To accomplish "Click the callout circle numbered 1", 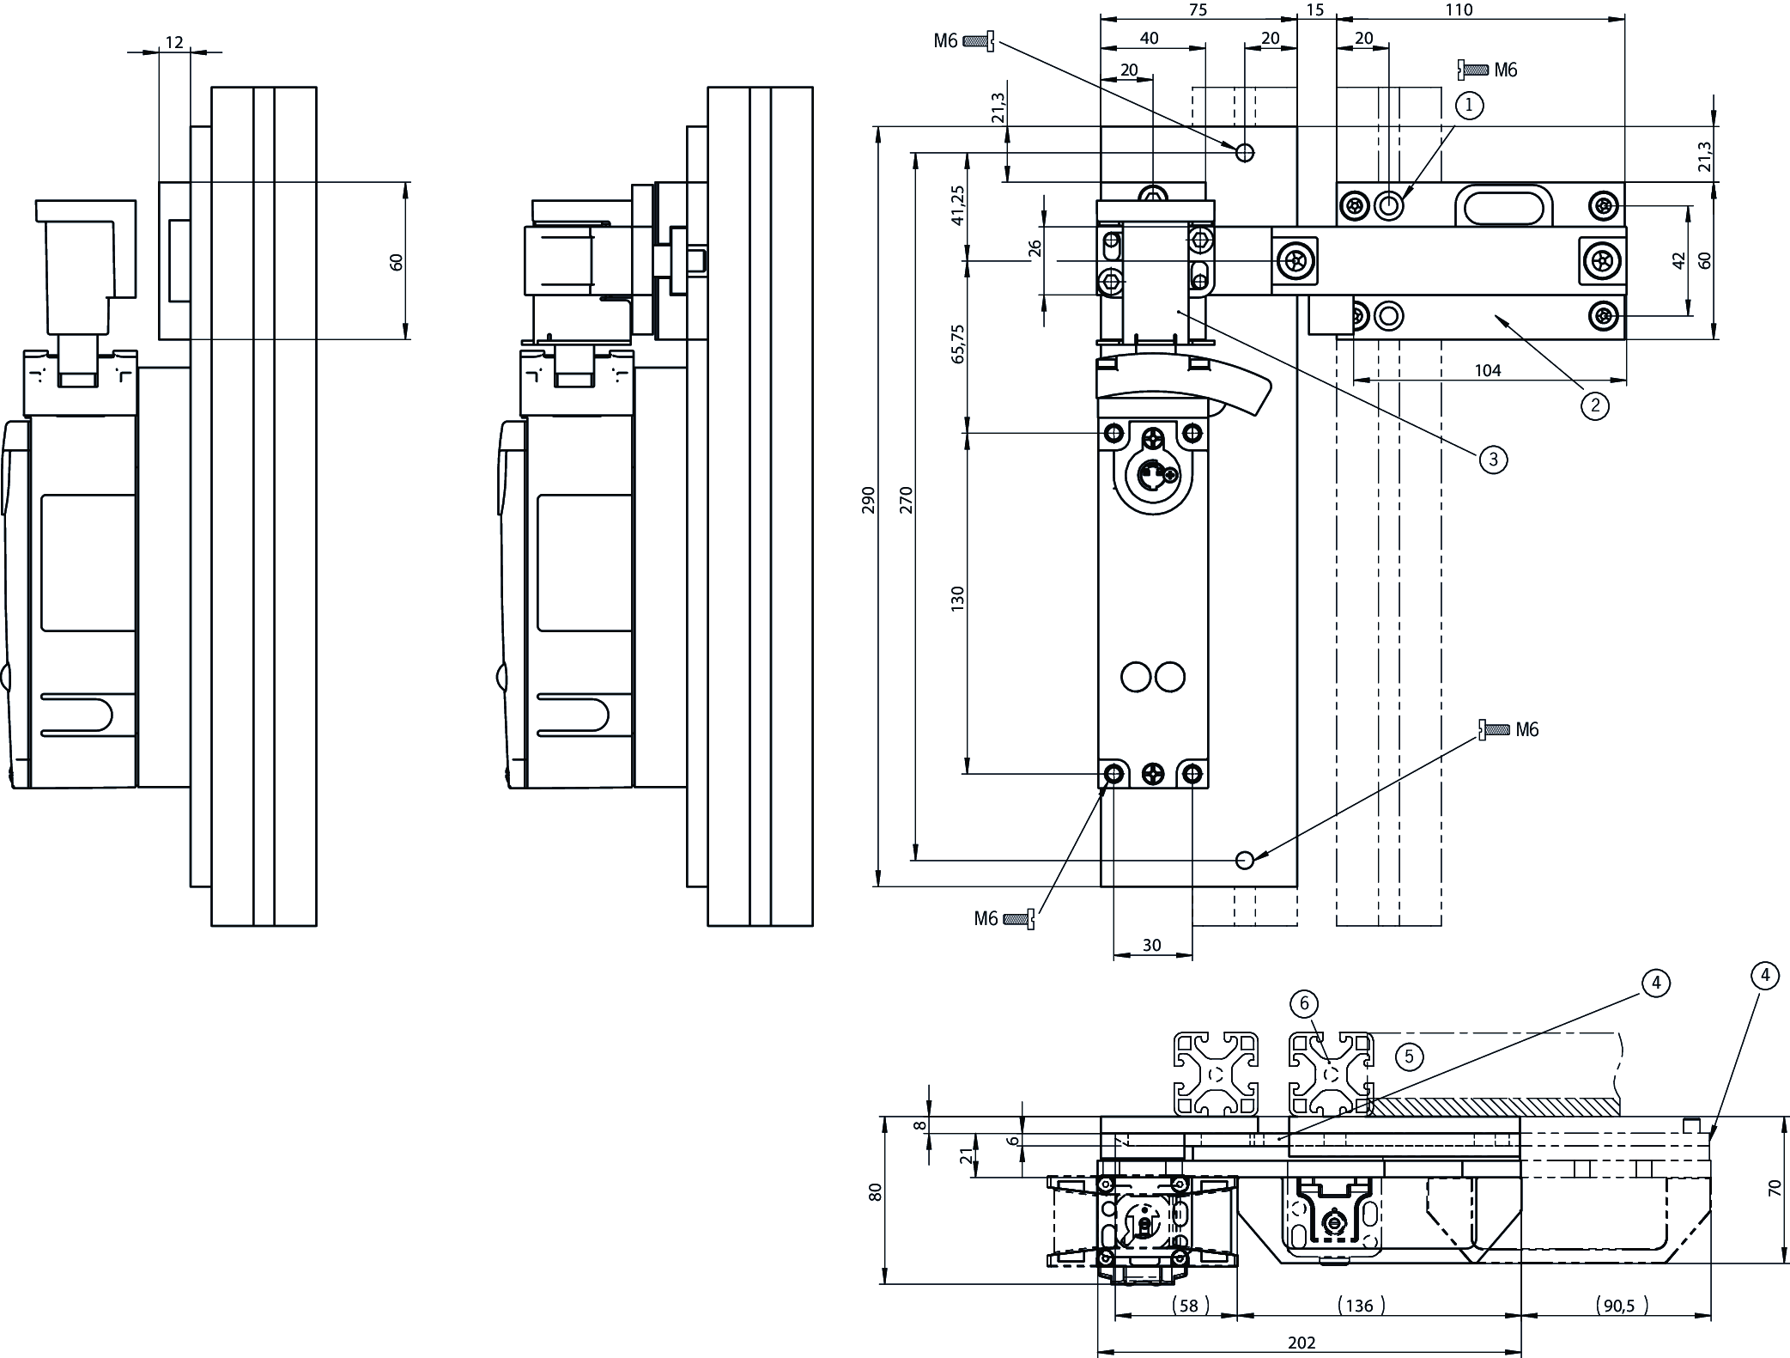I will (1469, 106).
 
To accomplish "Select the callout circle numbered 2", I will (1595, 405).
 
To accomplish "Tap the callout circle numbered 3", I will (1493, 460).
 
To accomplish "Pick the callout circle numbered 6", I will (1304, 1003).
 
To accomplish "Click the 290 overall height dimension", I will (868, 500).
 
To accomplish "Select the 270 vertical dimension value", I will (907, 500).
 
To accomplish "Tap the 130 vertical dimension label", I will (958, 599).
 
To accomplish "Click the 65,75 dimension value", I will (958, 344).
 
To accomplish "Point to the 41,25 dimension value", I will (958, 205).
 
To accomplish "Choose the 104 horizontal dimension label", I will (1488, 370).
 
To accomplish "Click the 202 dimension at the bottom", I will (1302, 1342).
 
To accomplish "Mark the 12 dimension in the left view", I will (174, 42).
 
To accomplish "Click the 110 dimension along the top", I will (1459, 10).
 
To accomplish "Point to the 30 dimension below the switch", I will (1152, 945).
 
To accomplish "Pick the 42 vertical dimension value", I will (1679, 261).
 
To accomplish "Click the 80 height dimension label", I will (876, 1192).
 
